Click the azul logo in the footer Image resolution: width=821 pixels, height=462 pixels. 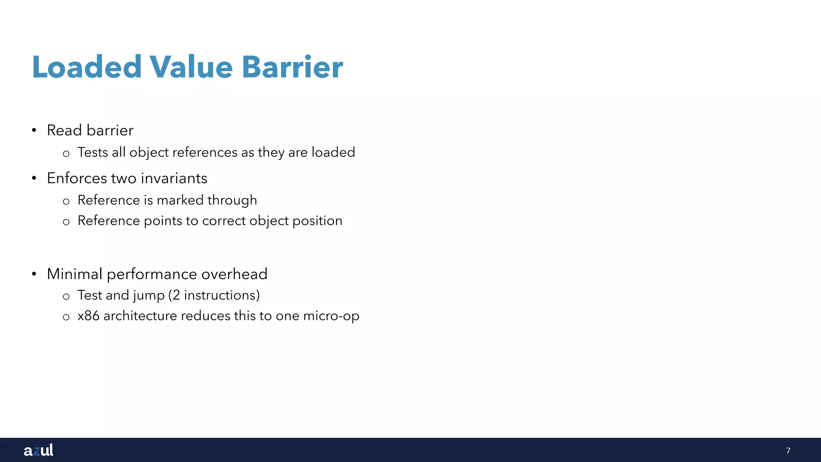pyautogui.click(x=38, y=450)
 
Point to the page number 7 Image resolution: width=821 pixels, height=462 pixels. pyautogui.click(x=788, y=451)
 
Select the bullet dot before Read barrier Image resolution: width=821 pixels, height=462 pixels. pyautogui.click(x=34, y=130)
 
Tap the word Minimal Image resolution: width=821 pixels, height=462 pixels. pyautogui.click(x=75, y=274)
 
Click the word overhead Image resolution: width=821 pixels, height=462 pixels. pyautogui.click(x=234, y=274)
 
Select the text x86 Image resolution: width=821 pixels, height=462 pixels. pyautogui.click(x=88, y=316)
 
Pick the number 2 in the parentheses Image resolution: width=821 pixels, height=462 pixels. pyautogui.click(x=176, y=296)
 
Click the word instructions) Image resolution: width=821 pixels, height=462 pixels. pyautogui.click(x=222, y=296)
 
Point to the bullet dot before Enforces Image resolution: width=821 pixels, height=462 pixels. pyautogui.click(x=34, y=178)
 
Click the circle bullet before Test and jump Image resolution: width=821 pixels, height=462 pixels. pyautogui.click(x=66, y=297)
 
